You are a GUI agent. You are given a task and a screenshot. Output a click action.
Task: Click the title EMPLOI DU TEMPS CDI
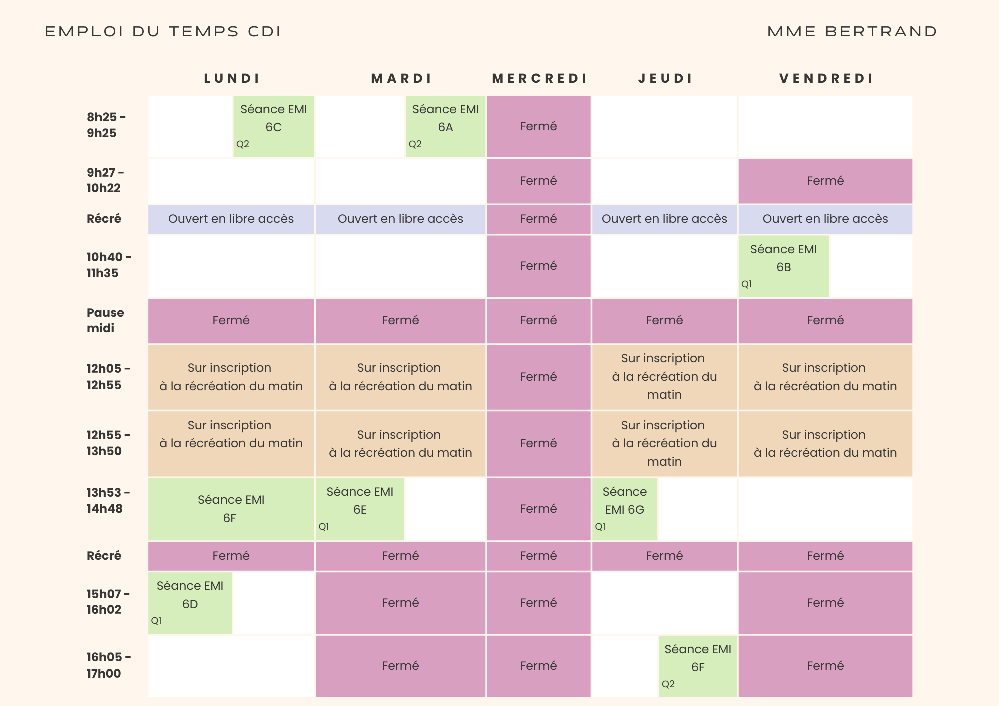pos(163,32)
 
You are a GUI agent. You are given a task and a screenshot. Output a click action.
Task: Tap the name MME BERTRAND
pos(852,32)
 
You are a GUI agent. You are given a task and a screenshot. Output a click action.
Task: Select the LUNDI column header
pos(232,79)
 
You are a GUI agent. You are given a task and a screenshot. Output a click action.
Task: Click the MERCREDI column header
pos(539,79)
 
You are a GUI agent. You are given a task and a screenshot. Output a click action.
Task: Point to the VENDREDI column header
pos(826,79)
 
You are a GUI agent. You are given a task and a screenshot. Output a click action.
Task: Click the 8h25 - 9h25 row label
pos(106,125)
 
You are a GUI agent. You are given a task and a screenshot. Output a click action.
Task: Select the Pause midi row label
pos(105,320)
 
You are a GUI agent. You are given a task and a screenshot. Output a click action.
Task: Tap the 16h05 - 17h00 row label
pos(108,665)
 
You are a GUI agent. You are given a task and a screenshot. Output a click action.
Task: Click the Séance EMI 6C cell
pos(274,126)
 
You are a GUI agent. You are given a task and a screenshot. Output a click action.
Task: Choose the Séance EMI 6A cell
pos(445,126)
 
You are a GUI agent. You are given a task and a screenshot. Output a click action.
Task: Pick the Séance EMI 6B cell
pos(783,266)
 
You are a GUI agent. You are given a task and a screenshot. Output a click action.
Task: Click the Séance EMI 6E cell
pos(360,509)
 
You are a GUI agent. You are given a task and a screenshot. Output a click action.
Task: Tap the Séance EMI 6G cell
pos(624,509)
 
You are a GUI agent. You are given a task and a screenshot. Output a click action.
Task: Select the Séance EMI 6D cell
pos(190,603)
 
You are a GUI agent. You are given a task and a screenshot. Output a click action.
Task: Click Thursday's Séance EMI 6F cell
pos(698,666)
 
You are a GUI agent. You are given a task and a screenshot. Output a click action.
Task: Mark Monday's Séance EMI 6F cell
pos(231,509)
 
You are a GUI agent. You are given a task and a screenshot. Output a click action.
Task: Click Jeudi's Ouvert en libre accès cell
pos(664,219)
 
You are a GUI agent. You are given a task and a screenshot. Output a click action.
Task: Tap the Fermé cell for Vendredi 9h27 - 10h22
pos(825,181)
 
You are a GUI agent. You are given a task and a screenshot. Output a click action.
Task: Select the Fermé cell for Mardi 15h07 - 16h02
pos(400,603)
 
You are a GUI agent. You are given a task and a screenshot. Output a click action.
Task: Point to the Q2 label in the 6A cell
pos(415,144)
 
